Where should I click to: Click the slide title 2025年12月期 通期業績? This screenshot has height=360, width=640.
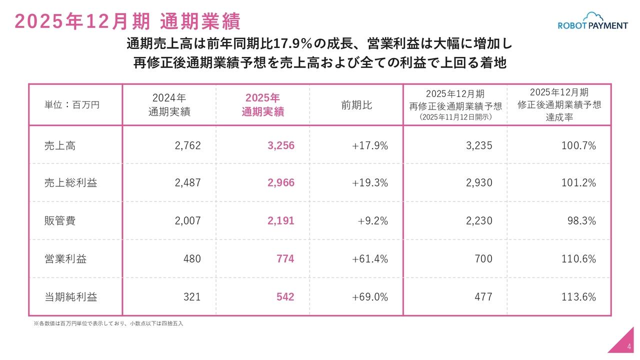128,21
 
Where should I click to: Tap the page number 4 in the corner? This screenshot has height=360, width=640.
628,347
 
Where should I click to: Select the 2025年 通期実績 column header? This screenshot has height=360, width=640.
262,105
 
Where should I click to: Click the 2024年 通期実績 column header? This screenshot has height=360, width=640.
169,105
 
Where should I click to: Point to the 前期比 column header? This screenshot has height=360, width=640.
356,105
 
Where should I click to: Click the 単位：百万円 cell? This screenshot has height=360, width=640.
72,105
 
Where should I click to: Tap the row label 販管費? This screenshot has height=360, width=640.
60,221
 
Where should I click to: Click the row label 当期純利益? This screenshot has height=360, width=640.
70,297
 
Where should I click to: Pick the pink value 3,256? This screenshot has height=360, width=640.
281,145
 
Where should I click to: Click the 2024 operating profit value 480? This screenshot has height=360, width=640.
192,259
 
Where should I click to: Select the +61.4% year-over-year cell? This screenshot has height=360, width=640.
369,259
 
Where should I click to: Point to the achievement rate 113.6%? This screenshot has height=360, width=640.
578,297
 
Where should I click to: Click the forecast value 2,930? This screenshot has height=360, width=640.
479,183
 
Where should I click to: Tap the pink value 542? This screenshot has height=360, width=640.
285,297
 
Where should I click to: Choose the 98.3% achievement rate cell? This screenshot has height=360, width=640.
581,221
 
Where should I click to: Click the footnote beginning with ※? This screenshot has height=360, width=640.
108,323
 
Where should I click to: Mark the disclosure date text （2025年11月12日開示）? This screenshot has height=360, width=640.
455,117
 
